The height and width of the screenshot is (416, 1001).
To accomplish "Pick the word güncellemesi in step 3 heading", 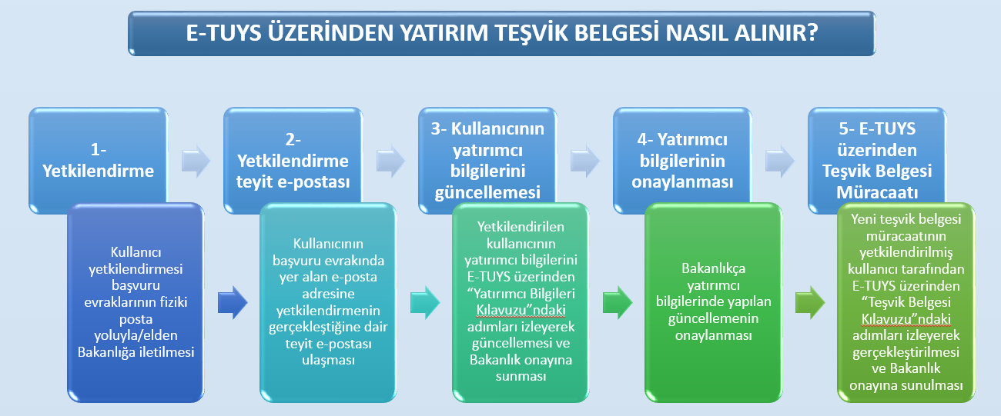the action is click(487, 193).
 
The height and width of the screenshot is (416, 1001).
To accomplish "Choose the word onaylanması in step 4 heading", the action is click(682, 182).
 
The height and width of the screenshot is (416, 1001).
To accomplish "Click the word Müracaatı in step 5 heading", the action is click(877, 192).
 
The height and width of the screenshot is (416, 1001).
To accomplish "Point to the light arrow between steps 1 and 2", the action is click(196, 161).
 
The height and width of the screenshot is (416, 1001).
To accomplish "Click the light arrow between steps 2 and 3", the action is click(390, 161).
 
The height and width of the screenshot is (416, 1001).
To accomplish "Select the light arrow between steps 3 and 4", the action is click(585, 161).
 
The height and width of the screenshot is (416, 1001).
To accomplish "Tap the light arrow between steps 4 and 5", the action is click(780, 161).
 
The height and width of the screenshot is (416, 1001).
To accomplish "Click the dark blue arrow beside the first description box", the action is click(233, 303).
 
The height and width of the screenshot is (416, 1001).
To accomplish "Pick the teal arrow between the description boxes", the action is click(425, 303).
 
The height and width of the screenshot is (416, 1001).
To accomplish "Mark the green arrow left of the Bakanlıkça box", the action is click(618, 303).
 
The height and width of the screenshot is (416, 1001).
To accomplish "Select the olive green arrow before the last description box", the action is click(810, 303).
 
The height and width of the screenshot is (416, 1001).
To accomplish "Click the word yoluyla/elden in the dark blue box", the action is click(136, 336).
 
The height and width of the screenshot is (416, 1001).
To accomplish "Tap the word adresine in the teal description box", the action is click(329, 294).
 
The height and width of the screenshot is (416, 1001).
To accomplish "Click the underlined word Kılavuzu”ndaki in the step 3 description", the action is click(521, 310).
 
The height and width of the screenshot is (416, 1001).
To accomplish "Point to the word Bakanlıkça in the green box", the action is click(714, 268).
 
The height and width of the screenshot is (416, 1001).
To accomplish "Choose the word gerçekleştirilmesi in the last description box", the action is click(906, 352).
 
